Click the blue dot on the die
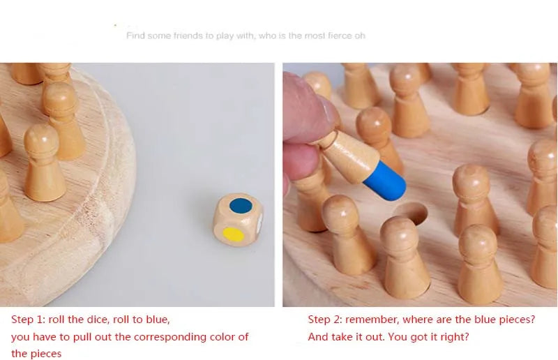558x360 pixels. (241, 206)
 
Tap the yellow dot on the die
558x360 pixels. (233, 234)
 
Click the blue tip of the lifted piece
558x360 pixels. (385, 181)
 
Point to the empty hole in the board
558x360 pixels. (411, 213)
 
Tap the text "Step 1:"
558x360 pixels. (29, 319)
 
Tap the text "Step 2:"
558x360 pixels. (325, 319)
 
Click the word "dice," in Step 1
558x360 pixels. (98, 319)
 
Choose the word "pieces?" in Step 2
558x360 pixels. (517, 320)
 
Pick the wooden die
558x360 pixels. (238, 220)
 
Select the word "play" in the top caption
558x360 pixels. (225, 36)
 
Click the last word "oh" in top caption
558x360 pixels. (360, 36)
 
